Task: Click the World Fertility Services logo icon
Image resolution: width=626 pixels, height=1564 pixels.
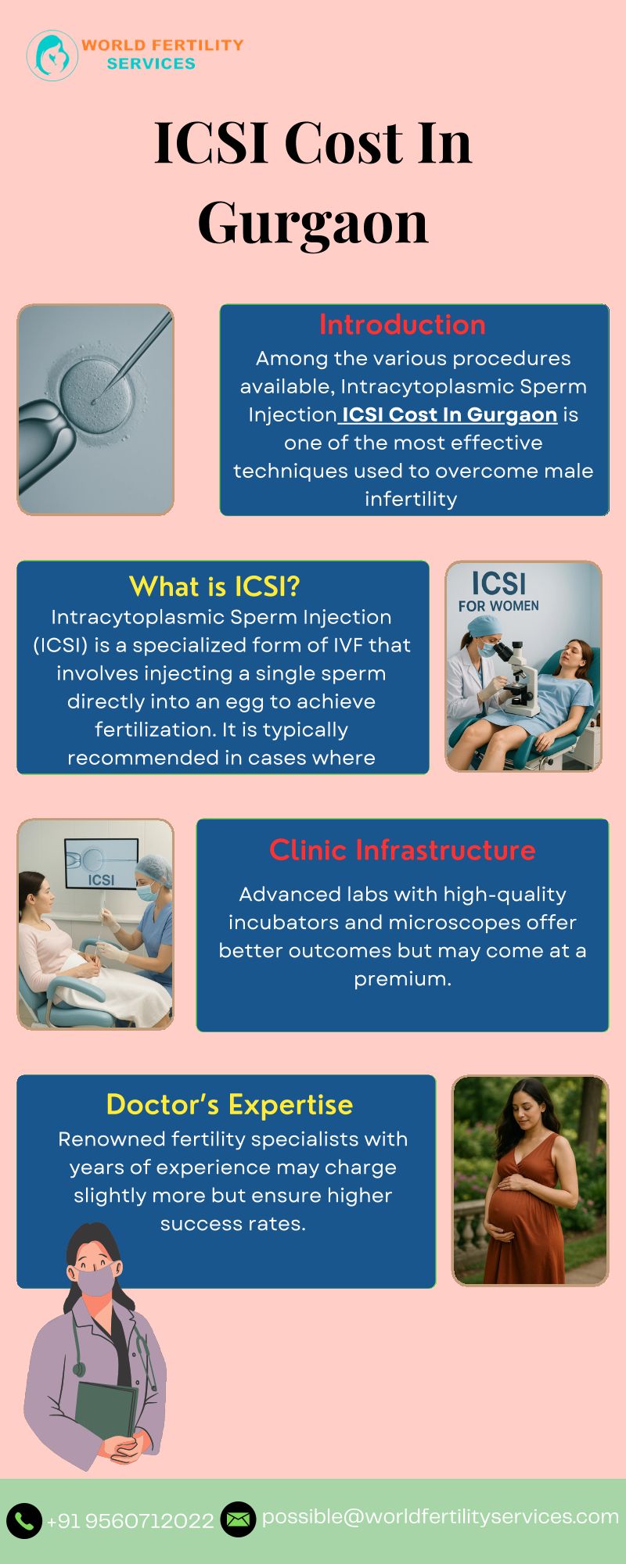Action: point(52,56)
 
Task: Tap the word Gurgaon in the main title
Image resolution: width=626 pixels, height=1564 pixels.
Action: point(313,222)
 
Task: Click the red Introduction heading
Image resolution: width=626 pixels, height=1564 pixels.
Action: point(402,325)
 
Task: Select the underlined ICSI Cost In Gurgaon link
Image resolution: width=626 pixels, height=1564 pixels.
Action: point(449,414)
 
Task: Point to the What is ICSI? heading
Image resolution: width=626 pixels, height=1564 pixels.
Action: point(214,586)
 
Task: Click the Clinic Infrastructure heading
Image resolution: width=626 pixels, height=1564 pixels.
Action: point(402,850)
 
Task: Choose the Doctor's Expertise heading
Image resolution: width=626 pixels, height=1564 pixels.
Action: point(229,1104)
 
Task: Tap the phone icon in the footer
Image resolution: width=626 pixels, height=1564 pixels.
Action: point(24,1520)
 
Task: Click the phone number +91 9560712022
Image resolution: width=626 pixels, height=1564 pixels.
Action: point(130,1521)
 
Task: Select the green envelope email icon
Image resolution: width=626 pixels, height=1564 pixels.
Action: point(238,1519)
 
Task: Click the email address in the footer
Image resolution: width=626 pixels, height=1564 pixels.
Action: point(441,1517)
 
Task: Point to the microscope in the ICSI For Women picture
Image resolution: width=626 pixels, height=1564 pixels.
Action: point(517,677)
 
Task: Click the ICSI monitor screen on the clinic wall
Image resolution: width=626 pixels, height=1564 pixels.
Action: point(101,864)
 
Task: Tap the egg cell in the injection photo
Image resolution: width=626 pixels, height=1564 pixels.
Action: point(102,391)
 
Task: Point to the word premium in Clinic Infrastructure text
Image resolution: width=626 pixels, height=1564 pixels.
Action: point(402,979)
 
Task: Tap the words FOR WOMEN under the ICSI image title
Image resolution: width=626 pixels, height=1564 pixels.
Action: point(498,606)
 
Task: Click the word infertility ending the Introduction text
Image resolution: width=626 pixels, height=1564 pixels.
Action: point(411,499)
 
